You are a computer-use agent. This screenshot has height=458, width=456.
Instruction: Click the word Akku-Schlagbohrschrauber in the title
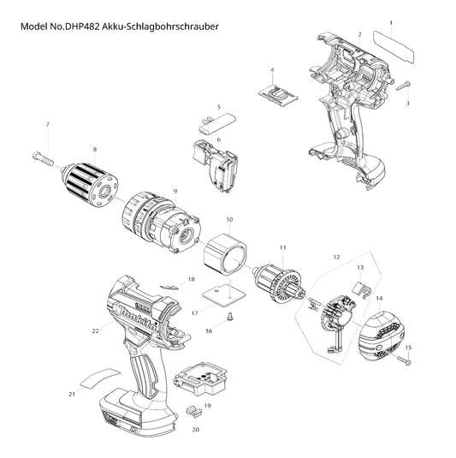coord(160,27)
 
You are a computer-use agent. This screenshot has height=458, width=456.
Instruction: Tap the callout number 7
coord(48,125)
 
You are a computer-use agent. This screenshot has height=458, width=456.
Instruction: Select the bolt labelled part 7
coord(43,158)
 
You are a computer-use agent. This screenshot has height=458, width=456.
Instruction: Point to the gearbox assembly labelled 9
coord(161,222)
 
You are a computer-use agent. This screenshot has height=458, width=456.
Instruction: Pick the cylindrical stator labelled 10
coord(225,254)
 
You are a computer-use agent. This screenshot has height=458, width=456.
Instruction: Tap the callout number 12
coord(336,257)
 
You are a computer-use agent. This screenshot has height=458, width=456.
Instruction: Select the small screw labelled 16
coord(229,316)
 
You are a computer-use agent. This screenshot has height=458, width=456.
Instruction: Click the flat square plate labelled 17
coord(224,295)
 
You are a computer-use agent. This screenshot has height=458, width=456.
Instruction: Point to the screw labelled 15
coord(404,360)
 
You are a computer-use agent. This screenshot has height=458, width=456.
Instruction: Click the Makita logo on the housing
coord(137,318)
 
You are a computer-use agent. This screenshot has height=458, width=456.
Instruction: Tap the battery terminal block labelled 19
coord(200,379)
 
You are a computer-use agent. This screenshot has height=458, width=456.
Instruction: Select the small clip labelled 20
coord(194,411)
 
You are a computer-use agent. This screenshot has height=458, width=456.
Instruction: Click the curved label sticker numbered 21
coord(100,378)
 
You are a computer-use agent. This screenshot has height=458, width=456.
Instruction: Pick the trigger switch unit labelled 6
coord(216,166)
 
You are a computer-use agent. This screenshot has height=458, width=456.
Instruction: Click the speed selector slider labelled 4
coord(278,94)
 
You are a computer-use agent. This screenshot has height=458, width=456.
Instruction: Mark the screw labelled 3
coord(403,86)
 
